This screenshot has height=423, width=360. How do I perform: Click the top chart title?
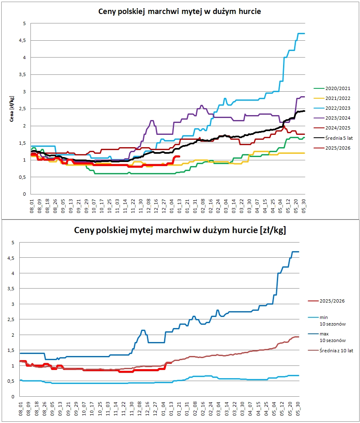[x=180, y=12]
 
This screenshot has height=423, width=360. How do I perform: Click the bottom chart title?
[x=180, y=230]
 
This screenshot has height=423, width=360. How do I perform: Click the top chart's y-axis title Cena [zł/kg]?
[x=12, y=109]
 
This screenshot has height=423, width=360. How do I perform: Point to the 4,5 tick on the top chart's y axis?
[x=22, y=40]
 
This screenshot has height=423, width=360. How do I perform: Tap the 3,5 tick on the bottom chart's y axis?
[x=11, y=289]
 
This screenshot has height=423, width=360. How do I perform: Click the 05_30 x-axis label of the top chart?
[x=304, y=206]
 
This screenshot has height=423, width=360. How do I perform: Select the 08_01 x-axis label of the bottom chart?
[x=21, y=409]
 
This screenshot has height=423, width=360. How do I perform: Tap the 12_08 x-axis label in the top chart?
[x=148, y=206]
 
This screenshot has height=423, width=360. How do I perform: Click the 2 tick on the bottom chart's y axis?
[x=13, y=335]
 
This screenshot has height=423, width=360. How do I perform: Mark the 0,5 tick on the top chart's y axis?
[x=22, y=177]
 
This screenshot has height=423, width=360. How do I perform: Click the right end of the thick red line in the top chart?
[x=179, y=157]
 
